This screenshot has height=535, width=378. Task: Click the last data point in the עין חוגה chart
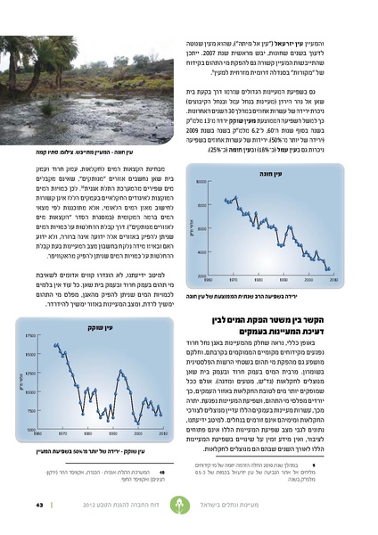pos(329,267)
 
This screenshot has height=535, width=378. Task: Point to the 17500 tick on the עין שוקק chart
pos(31,335)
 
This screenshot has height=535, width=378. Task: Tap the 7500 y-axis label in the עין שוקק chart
pos(31,411)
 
